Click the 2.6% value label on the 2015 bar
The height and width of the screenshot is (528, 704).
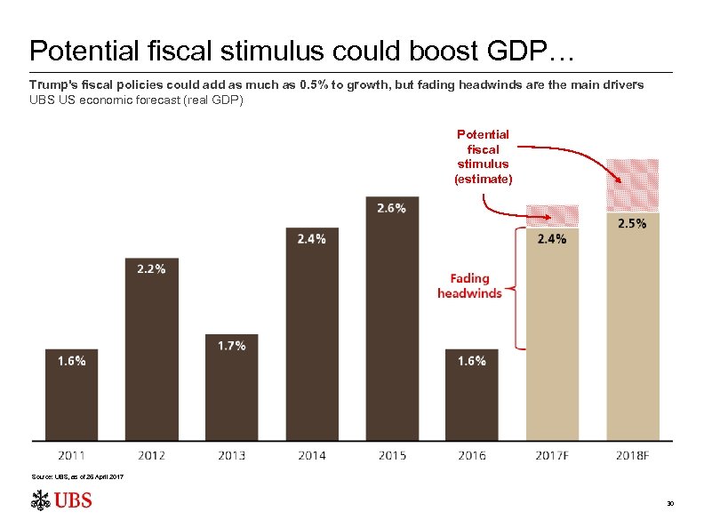(391, 208)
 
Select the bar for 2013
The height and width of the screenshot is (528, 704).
(231, 391)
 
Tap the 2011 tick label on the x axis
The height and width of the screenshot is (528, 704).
(71, 455)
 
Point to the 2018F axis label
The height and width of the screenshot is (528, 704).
(632, 455)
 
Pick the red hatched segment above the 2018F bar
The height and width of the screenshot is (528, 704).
(632, 185)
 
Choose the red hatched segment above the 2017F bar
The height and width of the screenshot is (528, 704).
(552, 214)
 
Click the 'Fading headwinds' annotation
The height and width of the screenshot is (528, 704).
(469, 285)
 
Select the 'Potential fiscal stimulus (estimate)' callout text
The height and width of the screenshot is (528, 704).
(483, 156)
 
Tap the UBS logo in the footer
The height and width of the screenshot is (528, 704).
(61, 500)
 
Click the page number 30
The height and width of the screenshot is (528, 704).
(670, 504)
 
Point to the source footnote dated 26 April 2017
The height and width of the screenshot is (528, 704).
(77, 478)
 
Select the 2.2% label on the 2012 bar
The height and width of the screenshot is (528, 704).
(151, 268)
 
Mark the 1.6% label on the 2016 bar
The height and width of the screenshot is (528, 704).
(472, 361)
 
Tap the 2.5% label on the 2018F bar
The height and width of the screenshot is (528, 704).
(632, 224)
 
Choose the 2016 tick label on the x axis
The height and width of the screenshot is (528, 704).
(472, 455)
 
